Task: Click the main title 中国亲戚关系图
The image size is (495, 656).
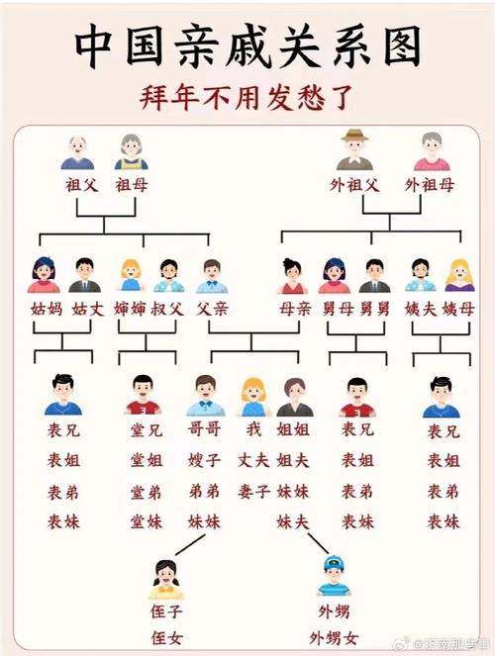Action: click(247, 47)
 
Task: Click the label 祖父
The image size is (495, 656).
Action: click(82, 185)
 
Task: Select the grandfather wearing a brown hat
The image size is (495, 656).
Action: click(354, 149)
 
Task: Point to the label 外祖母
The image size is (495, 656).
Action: click(430, 184)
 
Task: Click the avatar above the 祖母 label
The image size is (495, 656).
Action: click(131, 151)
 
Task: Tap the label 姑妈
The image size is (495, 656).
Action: click(47, 309)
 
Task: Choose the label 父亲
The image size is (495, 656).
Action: click(212, 309)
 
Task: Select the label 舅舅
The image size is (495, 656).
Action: click(375, 309)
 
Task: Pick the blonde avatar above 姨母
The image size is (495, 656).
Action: click(459, 275)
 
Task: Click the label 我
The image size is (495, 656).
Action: click(253, 429)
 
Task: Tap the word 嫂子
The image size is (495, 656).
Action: click(204, 460)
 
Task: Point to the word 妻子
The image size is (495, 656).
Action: click(253, 491)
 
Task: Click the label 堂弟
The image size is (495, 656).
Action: click(147, 492)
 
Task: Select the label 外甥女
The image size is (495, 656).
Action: click(334, 638)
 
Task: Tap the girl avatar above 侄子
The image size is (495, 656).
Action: click(166, 580)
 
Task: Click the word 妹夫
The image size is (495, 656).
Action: click(292, 521)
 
